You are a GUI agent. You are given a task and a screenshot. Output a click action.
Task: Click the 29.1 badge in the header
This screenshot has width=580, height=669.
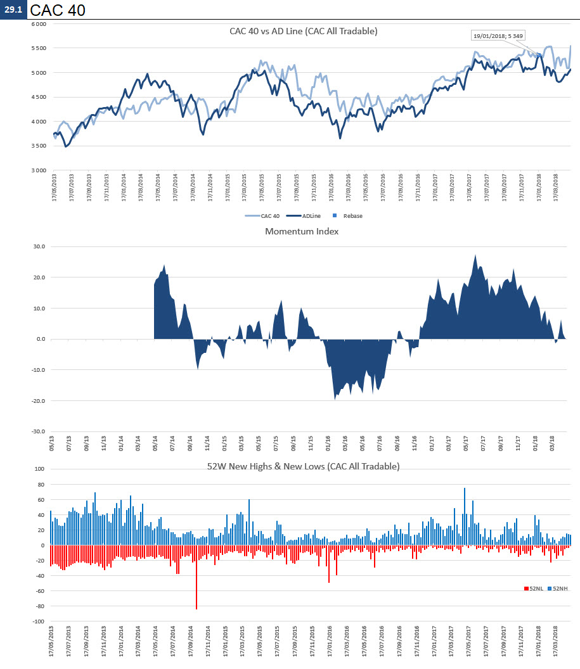(x=13, y=10)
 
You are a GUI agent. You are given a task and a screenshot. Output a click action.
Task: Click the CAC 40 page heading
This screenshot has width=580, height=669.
(x=58, y=10)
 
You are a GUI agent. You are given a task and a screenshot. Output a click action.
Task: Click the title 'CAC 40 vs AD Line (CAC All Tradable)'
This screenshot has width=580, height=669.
(x=303, y=30)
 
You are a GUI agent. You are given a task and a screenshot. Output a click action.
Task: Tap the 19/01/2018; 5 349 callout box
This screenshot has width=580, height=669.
(x=498, y=35)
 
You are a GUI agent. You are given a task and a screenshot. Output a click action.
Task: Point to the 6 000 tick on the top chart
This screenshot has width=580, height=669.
(x=39, y=24)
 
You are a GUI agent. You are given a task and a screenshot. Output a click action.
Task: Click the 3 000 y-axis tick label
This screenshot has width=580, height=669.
(x=39, y=170)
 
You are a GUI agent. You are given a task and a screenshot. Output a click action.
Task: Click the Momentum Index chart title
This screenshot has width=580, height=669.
(x=302, y=231)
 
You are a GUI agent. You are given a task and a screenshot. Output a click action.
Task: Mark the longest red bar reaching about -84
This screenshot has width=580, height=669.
(x=197, y=580)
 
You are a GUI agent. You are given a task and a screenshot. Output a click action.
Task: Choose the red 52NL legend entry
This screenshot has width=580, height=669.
(x=533, y=589)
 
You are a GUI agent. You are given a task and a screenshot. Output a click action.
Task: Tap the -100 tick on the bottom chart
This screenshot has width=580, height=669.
(x=37, y=621)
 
